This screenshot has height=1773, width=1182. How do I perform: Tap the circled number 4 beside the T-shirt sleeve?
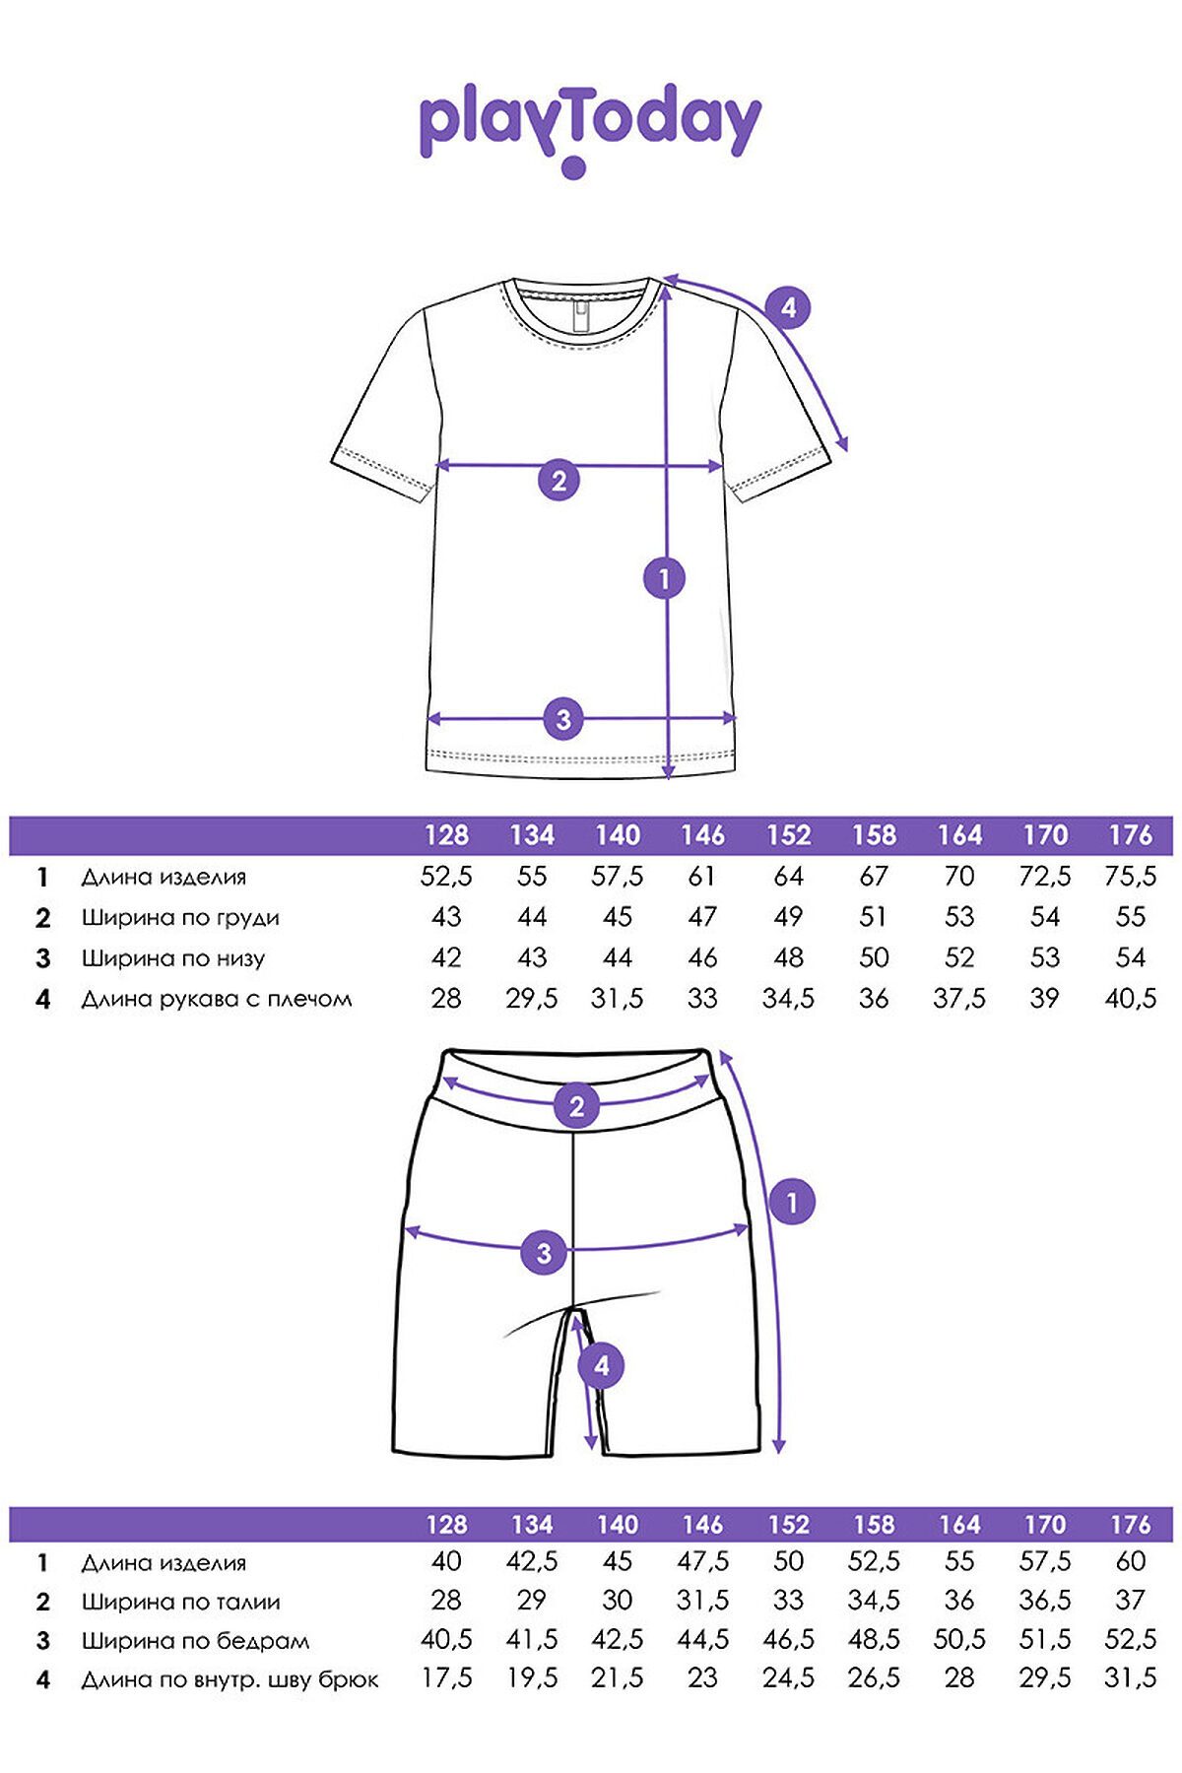point(788,308)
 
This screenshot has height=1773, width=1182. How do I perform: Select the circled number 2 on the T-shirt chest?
point(559,481)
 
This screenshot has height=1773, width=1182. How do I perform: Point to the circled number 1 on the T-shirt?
point(664,578)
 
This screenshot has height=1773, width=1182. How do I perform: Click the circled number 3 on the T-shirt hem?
point(563,719)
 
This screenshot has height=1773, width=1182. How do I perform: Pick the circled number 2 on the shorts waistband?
point(577,1105)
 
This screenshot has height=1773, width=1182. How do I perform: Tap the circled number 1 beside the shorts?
point(792,1202)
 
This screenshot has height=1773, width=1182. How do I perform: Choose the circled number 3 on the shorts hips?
point(544,1253)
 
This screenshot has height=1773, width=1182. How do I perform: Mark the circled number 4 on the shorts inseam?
point(601,1366)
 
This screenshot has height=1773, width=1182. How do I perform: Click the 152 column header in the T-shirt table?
point(788,835)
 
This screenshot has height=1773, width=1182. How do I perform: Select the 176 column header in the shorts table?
point(1130,1525)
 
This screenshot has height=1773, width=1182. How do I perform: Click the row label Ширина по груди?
point(180,918)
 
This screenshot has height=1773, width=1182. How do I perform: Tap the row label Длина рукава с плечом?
point(217,999)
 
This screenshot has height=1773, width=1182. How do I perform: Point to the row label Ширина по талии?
point(181,1603)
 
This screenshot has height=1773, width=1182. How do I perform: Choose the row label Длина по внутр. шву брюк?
point(230,1680)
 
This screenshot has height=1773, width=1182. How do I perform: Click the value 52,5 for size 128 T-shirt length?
point(446,877)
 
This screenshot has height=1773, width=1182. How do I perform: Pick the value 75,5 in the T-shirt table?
point(1130,877)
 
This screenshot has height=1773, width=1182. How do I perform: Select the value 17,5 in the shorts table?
point(446,1679)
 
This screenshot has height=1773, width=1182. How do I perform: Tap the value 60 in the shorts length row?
point(1131,1562)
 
